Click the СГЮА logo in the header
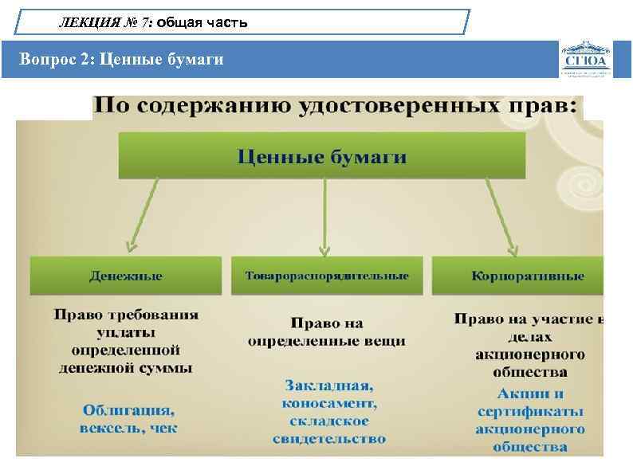pyautogui.click(x=587, y=58)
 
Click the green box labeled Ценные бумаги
pyautogui.click(x=322, y=156)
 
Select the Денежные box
pyautogui.click(x=125, y=276)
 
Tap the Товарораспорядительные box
pyautogui.click(x=327, y=276)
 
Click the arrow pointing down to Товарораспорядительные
pyautogui.click(x=323, y=215)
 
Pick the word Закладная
pyautogui.click(x=328, y=385)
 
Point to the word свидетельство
pyautogui.click(x=328, y=438)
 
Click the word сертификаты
pyautogui.click(x=530, y=412)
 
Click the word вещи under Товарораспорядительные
pyautogui.click(x=386, y=341)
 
